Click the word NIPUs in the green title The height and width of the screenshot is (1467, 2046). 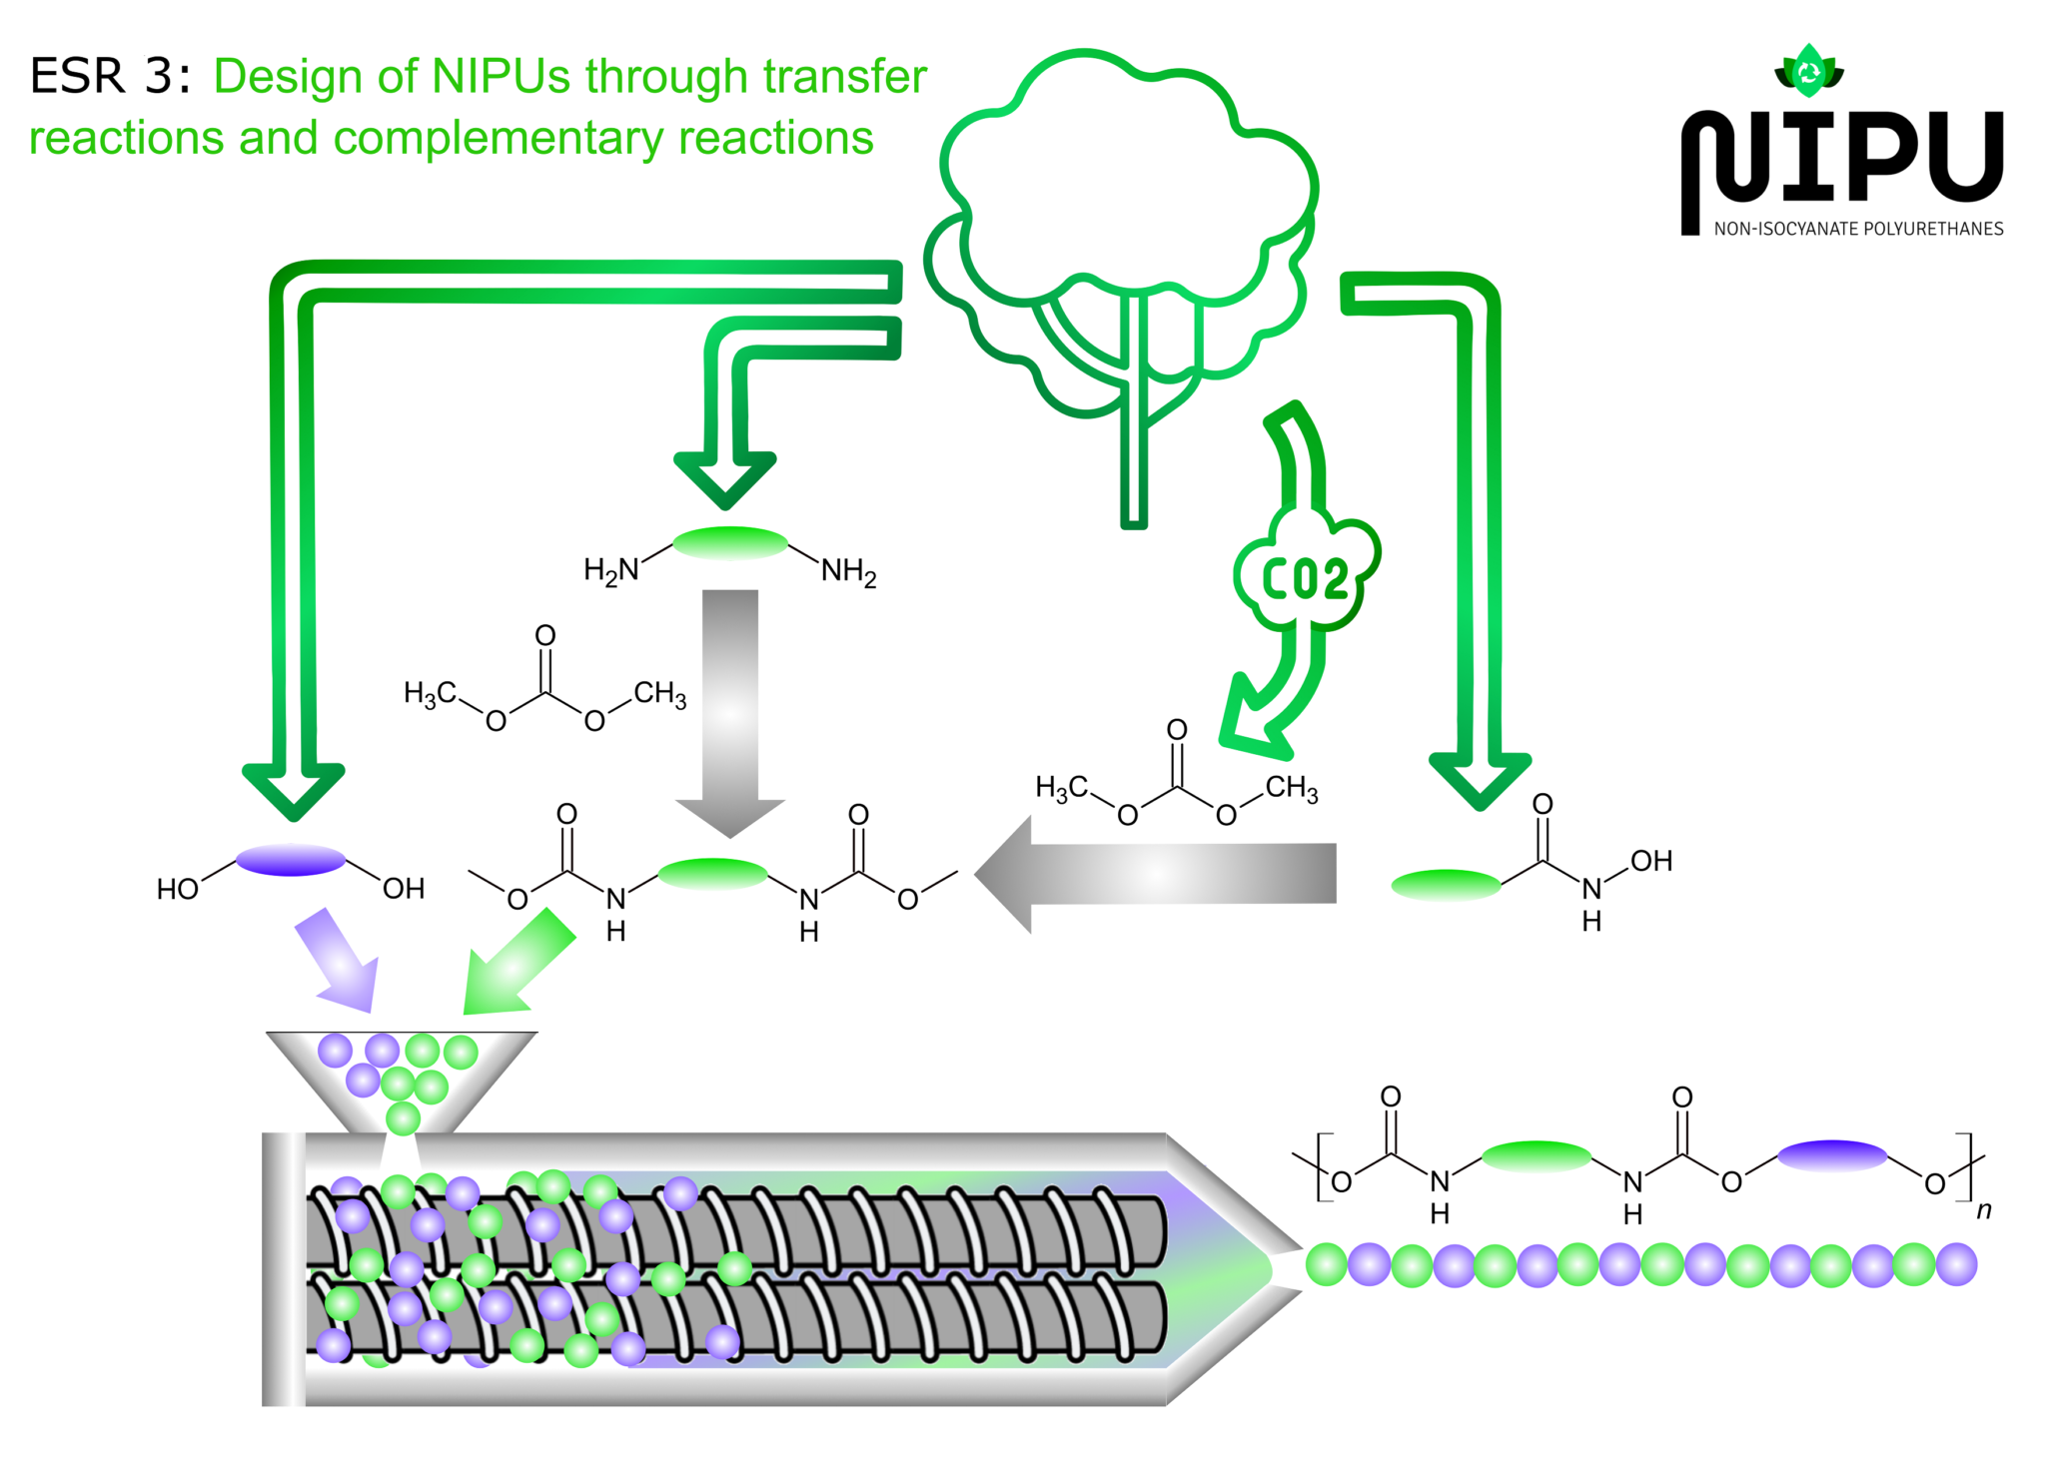501,77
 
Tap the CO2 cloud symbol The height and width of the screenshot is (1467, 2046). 1306,576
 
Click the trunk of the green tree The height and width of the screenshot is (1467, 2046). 1133,449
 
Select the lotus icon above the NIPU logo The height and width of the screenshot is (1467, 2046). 1808,71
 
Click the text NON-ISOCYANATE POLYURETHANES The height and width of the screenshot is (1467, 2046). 1858,229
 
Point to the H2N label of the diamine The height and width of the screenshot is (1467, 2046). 611,570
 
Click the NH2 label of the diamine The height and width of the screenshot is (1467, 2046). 848,572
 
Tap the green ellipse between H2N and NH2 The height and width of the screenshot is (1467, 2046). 730,542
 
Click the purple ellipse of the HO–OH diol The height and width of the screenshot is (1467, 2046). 291,859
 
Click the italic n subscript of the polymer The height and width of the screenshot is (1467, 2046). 1984,1210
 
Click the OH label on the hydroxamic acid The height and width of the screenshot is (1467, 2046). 1651,861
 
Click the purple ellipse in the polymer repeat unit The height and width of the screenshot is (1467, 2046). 1832,1155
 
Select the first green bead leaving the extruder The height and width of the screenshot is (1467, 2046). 1327,1264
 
